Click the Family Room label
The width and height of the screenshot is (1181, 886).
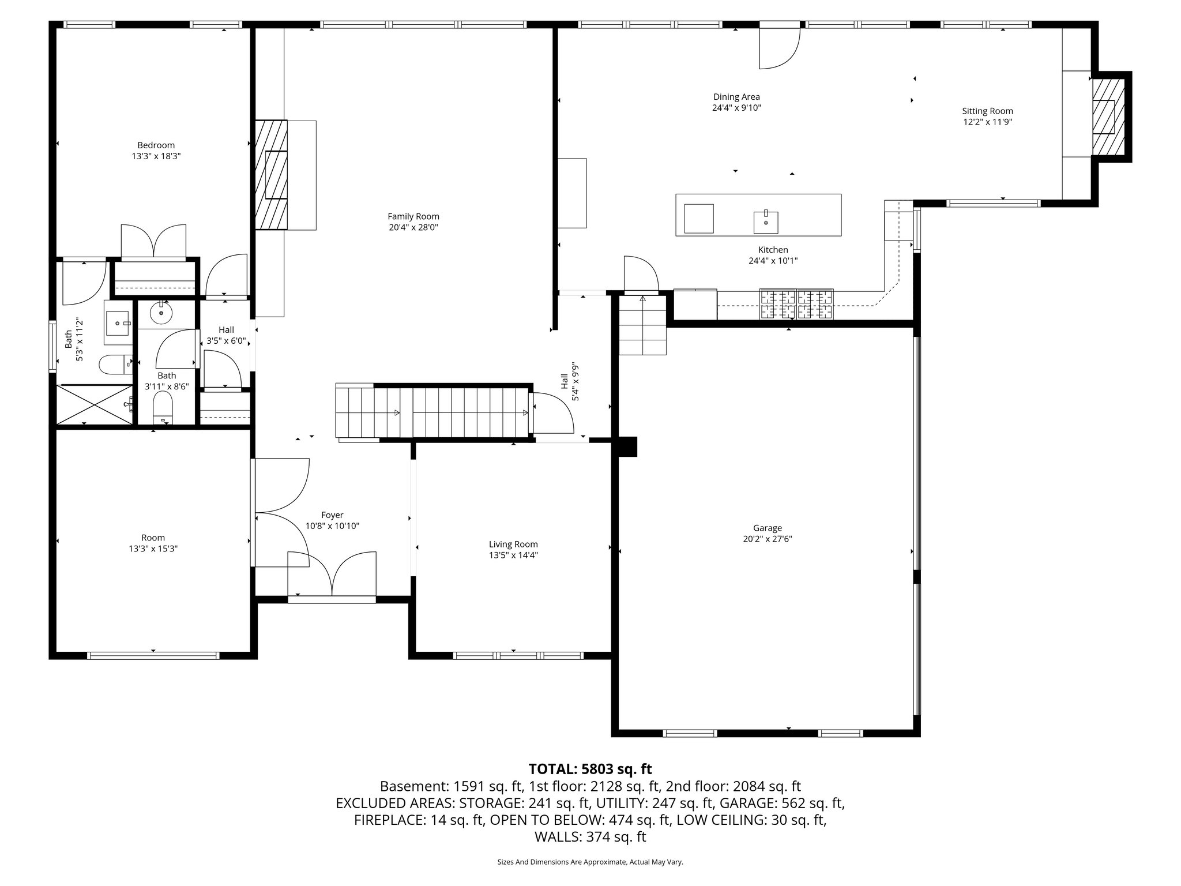tap(413, 216)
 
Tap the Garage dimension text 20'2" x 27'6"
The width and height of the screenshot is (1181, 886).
tap(767, 539)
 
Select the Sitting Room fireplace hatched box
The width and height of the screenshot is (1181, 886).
tap(1108, 116)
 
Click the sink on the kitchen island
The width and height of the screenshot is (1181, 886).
tap(766, 221)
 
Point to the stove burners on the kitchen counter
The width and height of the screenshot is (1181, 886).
tap(797, 304)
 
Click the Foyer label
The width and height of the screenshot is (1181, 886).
tap(332, 515)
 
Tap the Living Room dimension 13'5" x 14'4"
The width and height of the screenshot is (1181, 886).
tap(513, 555)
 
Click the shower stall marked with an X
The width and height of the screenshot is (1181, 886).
tap(94, 405)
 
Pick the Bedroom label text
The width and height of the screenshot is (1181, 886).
tap(156, 145)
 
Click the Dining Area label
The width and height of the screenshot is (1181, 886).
tap(736, 97)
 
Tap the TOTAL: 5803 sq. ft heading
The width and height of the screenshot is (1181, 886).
tap(590, 769)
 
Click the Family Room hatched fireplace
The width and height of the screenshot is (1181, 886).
tap(271, 175)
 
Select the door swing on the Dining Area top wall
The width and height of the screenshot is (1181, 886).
tap(778, 47)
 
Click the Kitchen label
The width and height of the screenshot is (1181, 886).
tap(773, 250)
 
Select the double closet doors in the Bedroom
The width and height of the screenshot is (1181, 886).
tap(153, 241)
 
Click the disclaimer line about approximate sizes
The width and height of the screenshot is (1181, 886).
tap(590, 862)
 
